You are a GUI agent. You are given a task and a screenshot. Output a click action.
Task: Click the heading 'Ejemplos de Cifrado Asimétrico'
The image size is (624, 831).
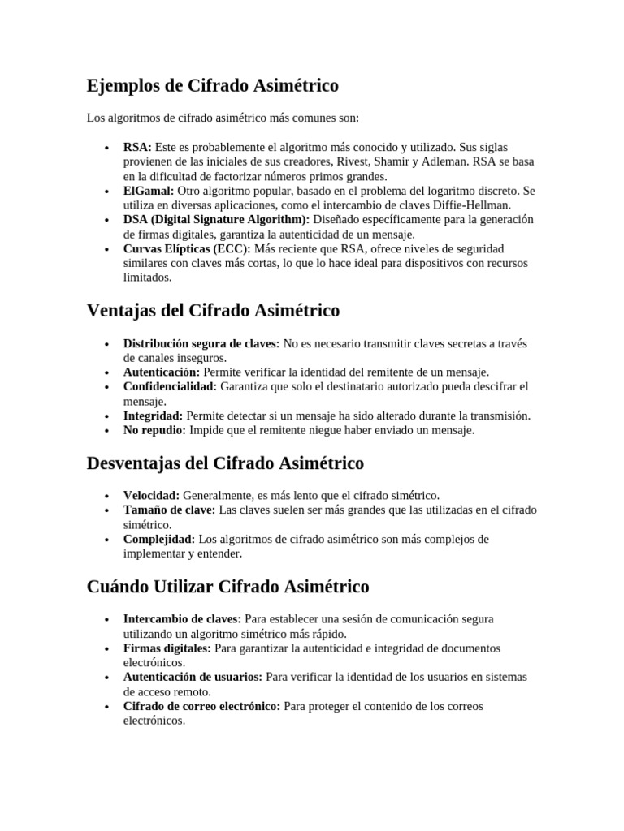(x=212, y=85)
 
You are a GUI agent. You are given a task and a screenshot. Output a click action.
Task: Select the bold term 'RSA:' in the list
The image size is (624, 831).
(x=137, y=147)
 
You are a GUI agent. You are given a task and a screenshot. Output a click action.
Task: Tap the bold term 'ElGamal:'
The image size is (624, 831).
(x=149, y=191)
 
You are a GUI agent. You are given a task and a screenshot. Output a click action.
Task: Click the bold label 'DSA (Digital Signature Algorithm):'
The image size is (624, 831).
(x=216, y=220)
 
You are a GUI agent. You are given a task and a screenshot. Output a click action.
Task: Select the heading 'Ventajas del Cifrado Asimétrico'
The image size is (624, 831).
(x=213, y=311)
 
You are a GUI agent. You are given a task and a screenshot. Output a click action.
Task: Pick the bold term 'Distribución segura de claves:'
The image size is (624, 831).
(x=201, y=344)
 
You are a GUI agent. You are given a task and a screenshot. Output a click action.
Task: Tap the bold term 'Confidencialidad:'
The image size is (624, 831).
(x=171, y=387)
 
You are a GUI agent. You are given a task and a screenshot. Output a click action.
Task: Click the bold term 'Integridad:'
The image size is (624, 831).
(x=154, y=416)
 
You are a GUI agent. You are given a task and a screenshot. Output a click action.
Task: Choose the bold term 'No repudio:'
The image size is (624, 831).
(x=155, y=431)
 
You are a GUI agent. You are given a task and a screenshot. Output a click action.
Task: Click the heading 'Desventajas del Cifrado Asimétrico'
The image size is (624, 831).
(x=225, y=463)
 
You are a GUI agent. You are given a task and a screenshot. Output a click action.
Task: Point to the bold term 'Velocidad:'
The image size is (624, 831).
(x=151, y=495)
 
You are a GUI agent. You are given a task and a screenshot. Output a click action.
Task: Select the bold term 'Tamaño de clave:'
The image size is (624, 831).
(x=170, y=510)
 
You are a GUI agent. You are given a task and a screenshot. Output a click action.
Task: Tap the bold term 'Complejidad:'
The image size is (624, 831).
(x=159, y=539)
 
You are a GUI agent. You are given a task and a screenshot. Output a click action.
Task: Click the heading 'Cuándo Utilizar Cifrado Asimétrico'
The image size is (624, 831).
(x=227, y=586)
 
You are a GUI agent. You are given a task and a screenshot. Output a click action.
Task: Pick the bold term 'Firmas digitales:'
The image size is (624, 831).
(x=167, y=648)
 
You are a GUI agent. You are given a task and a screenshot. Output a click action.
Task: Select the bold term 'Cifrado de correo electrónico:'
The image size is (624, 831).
(x=201, y=707)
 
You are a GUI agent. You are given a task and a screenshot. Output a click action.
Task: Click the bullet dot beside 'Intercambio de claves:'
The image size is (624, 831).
(x=107, y=620)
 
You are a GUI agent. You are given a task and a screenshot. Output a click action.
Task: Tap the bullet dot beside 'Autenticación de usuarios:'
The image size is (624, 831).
(x=107, y=678)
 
